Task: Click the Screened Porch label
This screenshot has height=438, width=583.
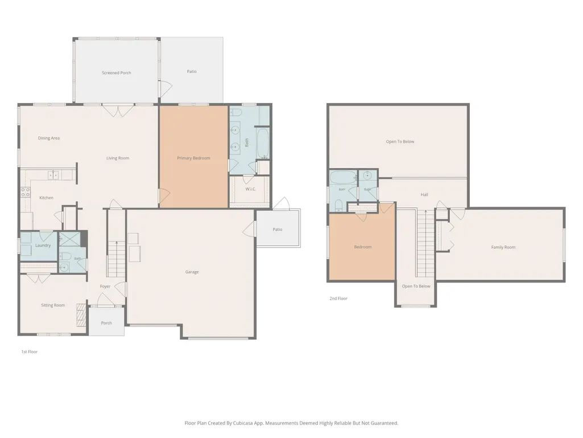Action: pyautogui.click(x=117, y=73)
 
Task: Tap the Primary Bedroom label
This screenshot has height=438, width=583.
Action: pyautogui.click(x=193, y=158)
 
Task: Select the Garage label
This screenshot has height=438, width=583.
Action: pyautogui.click(x=192, y=272)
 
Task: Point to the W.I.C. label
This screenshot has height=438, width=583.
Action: pyautogui.click(x=251, y=189)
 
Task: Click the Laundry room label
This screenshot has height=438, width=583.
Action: pyautogui.click(x=43, y=245)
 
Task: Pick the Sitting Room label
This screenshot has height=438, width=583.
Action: pyautogui.click(x=53, y=305)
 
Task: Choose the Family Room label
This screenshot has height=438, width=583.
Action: pyautogui.click(x=503, y=247)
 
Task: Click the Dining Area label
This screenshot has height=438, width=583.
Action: pyautogui.click(x=49, y=138)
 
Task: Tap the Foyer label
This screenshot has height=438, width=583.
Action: pyautogui.click(x=105, y=286)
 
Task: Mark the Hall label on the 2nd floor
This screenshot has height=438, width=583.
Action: pyautogui.click(x=424, y=194)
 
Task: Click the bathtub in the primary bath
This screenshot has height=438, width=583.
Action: pyautogui.click(x=263, y=144)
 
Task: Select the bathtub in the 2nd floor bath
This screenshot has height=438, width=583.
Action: pyautogui.click(x=343, y=177)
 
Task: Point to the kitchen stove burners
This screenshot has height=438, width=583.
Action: pyautogui.click(x=25, y=192)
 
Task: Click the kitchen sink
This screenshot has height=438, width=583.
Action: pyautogui.click(x=53, y=175)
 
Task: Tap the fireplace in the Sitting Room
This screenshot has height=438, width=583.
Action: pyautogui.click(x=81, y=315)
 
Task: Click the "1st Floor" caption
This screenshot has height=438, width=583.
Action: pyautogui.click(x=30, y=351)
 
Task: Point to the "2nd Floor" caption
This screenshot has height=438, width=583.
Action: pyautogui.click(x=338, y=298)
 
